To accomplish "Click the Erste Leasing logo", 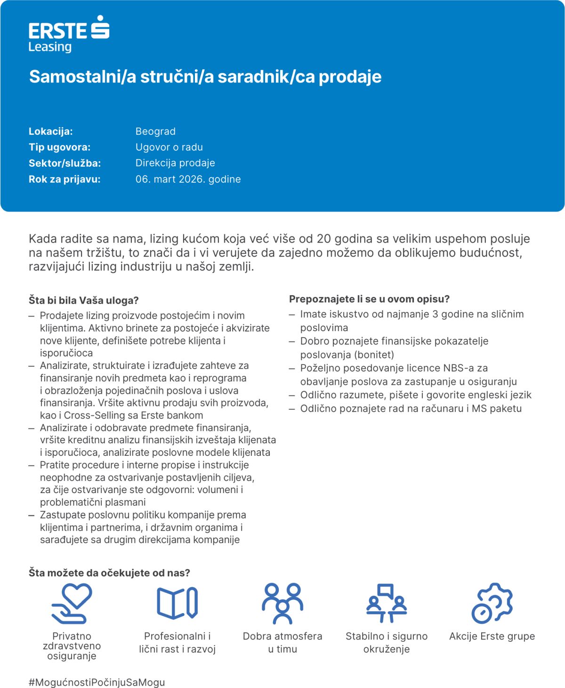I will point(69,34).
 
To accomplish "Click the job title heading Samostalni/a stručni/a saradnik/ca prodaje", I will point(205,77).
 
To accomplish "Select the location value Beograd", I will point(155,131).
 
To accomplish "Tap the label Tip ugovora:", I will point(59,147).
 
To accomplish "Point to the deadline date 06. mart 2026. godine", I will point(188,179).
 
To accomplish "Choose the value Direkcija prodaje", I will point(175,163).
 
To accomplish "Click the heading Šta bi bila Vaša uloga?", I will point(84,300).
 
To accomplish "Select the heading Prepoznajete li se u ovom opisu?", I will point(369,299).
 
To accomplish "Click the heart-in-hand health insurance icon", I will point(72,603).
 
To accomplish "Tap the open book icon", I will point(177,603).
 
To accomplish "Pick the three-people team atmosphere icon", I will point(282,603).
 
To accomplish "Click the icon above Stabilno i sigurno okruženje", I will point(387,603).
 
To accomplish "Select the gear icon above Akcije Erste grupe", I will point(492,603).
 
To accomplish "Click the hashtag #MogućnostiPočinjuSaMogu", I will point(97,682).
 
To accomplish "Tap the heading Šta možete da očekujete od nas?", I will point(109,573).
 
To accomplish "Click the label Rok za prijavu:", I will point(65,179).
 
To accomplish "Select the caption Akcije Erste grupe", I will point(492,636).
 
